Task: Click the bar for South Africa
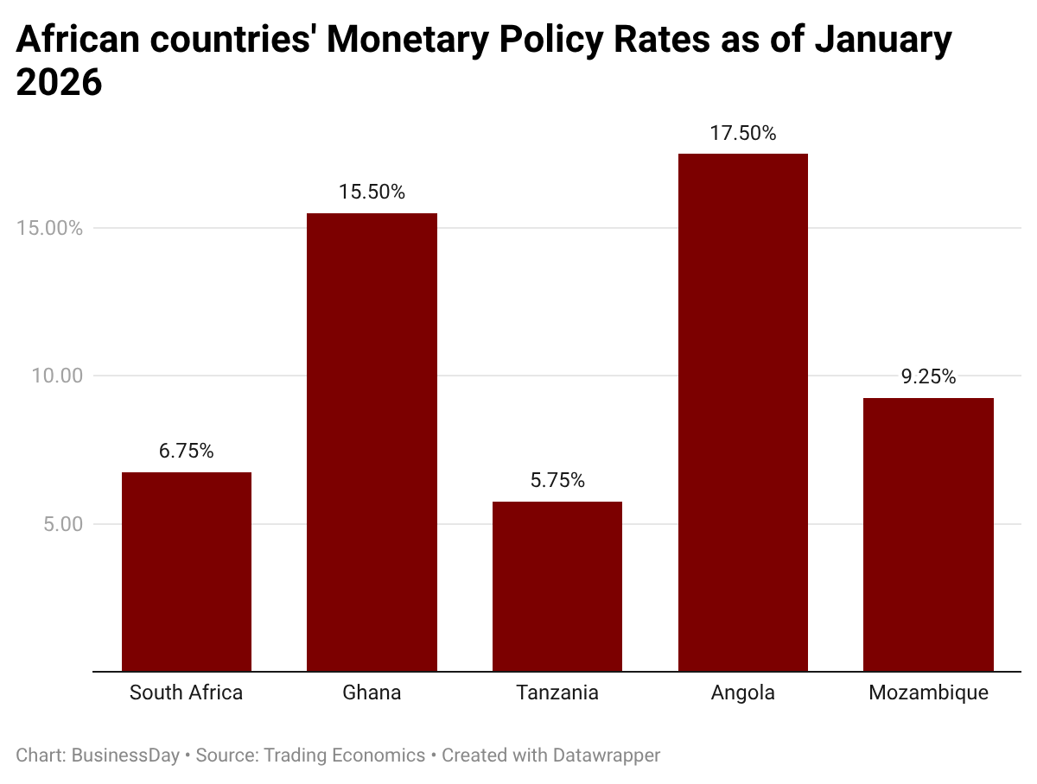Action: point(187,572)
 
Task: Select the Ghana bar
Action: point(372,442)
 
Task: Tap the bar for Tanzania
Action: point(557,586)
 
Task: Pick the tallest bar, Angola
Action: point(742,413)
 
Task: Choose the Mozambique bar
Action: point(928,534)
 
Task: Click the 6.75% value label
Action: point(187,451)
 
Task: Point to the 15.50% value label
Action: point(372,192)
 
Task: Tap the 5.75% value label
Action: point(557,480)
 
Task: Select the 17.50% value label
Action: point(742,133)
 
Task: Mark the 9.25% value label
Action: point(928,376)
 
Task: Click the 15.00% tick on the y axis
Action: point(50,229)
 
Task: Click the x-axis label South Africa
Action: point(187,692)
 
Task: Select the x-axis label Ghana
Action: point(372,692)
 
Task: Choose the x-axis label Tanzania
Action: point(557,692)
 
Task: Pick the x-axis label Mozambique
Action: point(928,692)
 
